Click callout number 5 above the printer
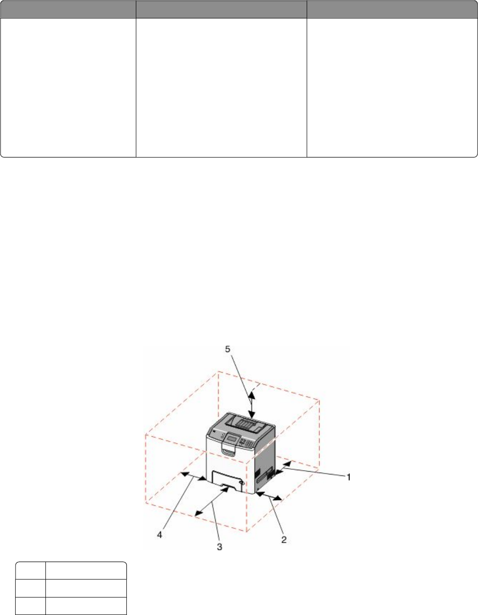(x=228, y=349)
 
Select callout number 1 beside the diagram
(x=349, y=477)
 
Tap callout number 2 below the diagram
(x=284, y=540)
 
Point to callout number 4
(x=159, y=535)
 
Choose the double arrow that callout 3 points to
(x=212, y=501)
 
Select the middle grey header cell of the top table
(x=221, y=9)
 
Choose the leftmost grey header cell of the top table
(x=68, y=9)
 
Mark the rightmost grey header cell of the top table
(x=392, y=9)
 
